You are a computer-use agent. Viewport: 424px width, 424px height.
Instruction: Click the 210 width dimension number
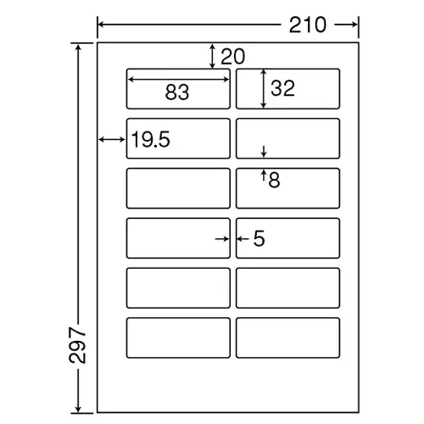point(308,25)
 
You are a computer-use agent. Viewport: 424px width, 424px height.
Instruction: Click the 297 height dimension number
point(77,345)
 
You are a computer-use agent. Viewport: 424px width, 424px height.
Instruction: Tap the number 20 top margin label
point(232,57)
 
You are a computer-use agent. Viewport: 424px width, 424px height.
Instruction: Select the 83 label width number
point(177,92)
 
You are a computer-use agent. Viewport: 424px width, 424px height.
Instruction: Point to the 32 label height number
point(282,88)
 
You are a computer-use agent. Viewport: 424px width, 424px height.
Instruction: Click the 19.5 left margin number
point(150,139)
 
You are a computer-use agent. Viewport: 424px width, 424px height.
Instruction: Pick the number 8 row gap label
point(274,180)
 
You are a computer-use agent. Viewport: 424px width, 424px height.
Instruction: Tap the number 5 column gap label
point(259,239)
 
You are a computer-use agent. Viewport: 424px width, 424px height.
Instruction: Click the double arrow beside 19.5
point(112,139)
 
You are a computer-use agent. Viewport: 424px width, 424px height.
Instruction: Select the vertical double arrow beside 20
point(212,56)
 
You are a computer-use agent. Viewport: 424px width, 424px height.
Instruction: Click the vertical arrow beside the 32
point(264,88)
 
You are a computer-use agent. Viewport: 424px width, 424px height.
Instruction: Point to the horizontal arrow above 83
point(178,80)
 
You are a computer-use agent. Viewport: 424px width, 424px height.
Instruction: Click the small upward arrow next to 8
point(264,175)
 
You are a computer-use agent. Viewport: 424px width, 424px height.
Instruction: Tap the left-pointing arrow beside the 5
point(243,239)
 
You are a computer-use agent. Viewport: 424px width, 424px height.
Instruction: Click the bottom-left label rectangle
point(178,338)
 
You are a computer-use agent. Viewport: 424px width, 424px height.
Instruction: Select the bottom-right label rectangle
point(287,338)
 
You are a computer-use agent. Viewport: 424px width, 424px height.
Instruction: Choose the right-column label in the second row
point(287,138)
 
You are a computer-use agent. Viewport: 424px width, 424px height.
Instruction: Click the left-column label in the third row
point(178,188)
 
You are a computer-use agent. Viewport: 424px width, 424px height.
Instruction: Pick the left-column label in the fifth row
point(178,288)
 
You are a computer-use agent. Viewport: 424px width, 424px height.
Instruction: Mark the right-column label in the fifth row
point(287,288)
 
